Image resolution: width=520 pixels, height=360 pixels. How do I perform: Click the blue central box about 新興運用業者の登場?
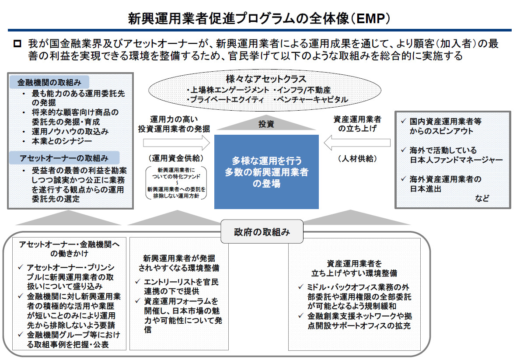click(x=266, y=172)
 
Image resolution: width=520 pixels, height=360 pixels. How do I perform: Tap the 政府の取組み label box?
click(x=262, y=232)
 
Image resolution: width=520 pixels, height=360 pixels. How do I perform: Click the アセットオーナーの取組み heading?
click(x=64, y=157)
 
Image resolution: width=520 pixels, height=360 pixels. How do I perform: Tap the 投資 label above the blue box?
click(x=266, y=124)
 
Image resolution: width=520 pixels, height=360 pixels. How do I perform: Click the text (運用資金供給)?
click(x=174, y=158)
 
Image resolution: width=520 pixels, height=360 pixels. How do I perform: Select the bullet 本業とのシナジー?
click(x=62, y=141)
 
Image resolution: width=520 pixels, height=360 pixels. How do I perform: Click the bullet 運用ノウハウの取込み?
click(x=70, y=131)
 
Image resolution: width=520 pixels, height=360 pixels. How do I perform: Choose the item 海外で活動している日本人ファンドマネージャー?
click(x=455, y=155)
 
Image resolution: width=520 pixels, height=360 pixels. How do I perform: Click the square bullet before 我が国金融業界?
click(x=17, y=44)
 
